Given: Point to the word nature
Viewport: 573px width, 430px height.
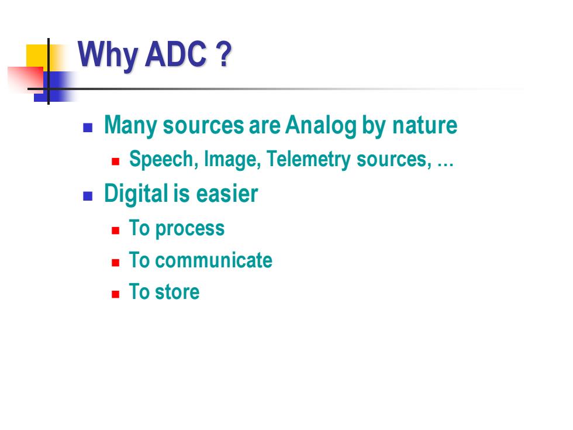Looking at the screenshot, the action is (x=424, y=125).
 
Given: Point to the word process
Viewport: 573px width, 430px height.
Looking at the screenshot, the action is (x=189, y=229).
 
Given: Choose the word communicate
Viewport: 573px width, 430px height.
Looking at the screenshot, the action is (x=214, y=260).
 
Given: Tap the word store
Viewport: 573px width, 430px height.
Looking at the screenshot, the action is (x=177, y=292).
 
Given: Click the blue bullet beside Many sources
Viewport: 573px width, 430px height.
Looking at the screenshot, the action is (x=88, y=128).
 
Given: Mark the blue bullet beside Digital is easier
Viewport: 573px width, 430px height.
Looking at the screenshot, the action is (x=88, y=197).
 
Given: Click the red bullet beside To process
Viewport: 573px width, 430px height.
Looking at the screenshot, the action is (x=116, y=231).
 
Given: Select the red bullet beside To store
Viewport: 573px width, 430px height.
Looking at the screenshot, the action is (x=116, y=294).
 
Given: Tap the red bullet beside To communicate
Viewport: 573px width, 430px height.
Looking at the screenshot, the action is (x=116, y=263).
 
